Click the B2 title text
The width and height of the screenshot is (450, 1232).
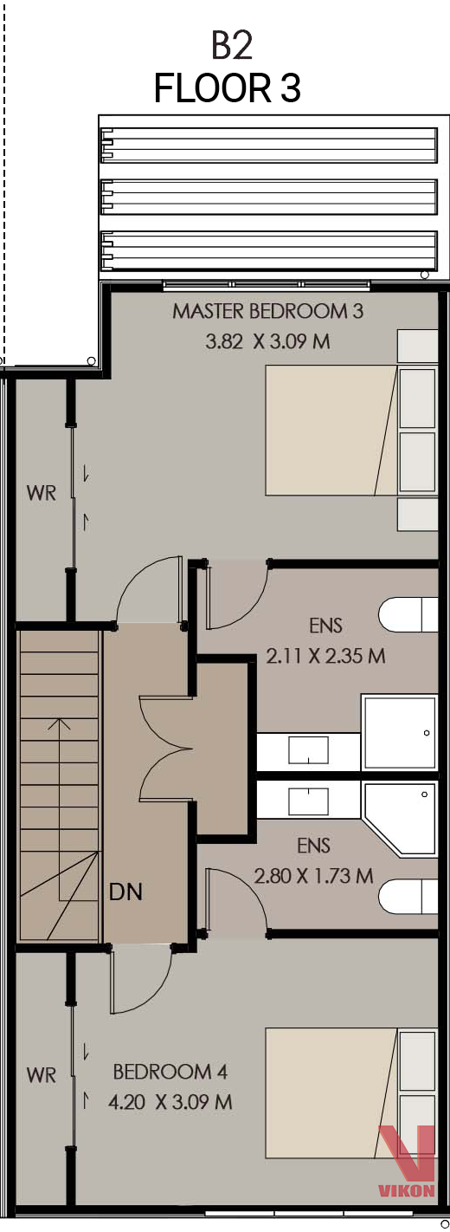coord(232,46)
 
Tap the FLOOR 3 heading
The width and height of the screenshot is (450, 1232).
coord(228,88)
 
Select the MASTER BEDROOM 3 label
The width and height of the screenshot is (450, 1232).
coord(267,311)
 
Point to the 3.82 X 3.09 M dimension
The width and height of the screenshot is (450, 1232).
coord(267,341)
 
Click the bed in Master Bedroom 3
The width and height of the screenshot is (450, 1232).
coord(331,431)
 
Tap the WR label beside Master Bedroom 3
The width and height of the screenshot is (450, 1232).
coord(42,493)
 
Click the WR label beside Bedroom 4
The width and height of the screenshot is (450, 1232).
coord(42,1074)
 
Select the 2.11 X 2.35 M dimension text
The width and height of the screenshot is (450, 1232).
coord(325,656)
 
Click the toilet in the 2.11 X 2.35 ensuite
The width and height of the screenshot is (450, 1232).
coord(408,614)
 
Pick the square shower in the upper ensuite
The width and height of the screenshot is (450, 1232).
coord(400,732)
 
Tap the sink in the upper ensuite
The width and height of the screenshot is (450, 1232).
coord(308,750)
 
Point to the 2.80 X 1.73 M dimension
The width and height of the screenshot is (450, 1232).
coord(313,875)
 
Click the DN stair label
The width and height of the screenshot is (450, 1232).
coord(125,892)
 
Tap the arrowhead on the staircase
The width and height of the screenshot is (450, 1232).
coord(60,723)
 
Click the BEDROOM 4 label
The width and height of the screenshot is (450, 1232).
coord(170,1071)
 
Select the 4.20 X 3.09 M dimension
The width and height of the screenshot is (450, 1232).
coord(170,1102)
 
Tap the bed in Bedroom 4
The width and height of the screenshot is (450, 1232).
coord(331,1093)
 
